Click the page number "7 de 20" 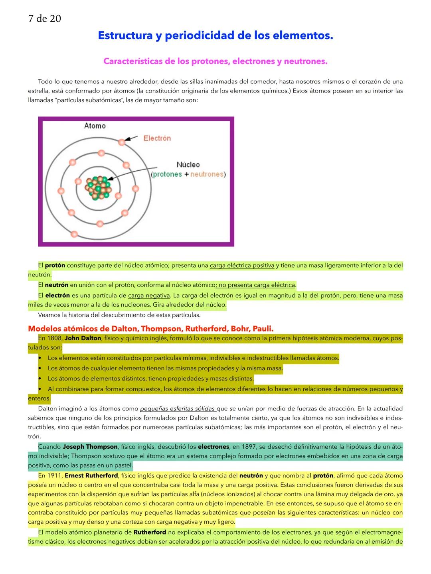click(x=45, y=19)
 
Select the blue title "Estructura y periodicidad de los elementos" click(x=215, y=36)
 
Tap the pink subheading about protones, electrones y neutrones click(x=215, y=61)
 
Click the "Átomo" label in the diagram click(x=95, y=126)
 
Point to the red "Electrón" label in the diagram click(x=157, y=138)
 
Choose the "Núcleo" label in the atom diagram click(x=188, y=165)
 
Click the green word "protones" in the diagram click(x=168, y=174)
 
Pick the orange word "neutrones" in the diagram click(x=207, y=174)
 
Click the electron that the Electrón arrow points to click(x=122, y=142)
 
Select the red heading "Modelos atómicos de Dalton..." click(x=150, y=329)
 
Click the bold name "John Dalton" click(x=83, y=339)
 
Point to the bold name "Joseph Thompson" click(x=90, y=447)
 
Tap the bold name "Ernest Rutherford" click(x=91, y=475)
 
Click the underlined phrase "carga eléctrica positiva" click(x=242, y=266)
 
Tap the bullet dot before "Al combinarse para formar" click(x=40, y=389)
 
